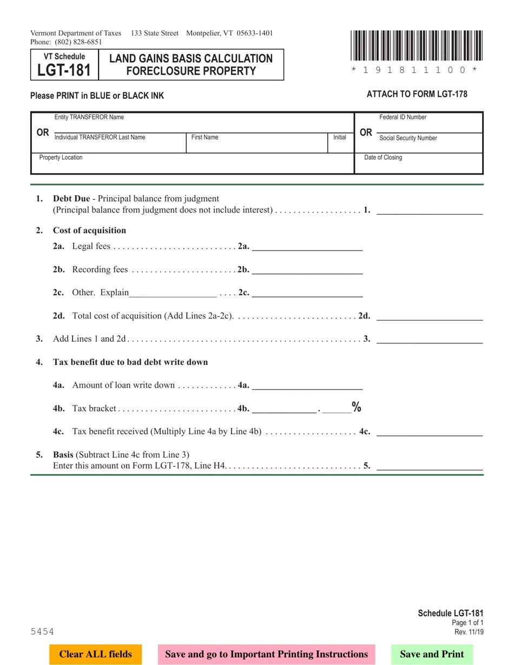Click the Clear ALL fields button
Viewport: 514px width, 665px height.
(x=95, y=654)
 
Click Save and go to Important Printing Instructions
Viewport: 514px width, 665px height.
(x=266, y=654)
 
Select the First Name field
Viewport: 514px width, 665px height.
(x=257, y=145)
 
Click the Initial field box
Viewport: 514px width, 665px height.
(x=340, y=145)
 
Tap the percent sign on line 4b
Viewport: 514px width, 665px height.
(x=357, y=407)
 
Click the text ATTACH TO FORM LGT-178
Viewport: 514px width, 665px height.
(x=417, y=94)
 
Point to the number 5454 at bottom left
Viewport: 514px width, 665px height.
(x=42, y=631)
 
